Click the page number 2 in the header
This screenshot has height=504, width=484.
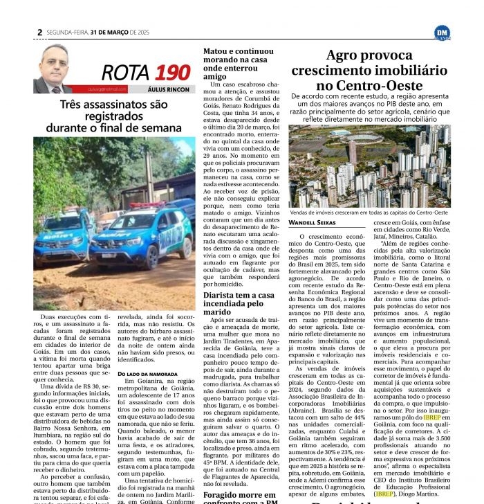point(40,32)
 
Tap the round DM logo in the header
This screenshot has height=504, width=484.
point(442,33)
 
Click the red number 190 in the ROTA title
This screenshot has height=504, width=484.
point(172,71)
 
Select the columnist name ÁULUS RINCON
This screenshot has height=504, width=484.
point(168,89)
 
